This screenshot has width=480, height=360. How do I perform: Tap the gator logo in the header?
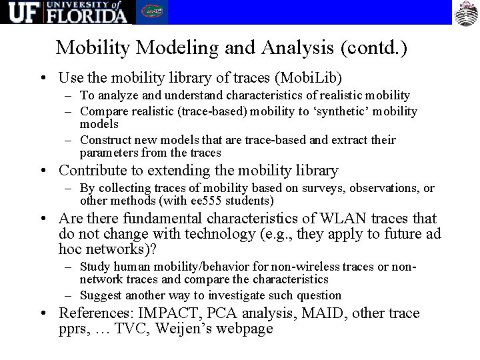tap(153, 13)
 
